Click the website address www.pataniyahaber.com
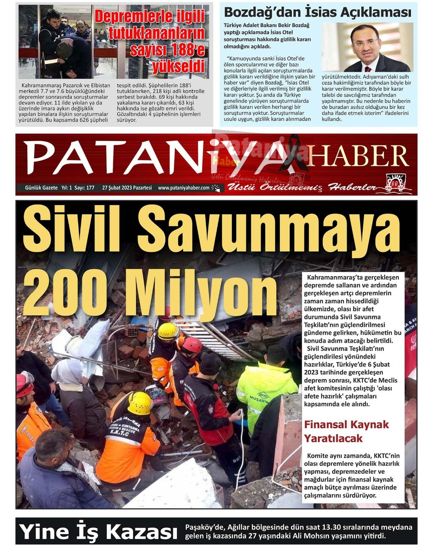click(x=184, y=188)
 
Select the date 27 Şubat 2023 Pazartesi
click(x=127, y=188)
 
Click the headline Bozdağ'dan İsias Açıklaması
click(x=318, y=12)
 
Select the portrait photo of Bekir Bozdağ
click(x=367, y=47)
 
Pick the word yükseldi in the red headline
click(x=178, y=66)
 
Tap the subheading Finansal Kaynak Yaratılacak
click(x=346, y=431)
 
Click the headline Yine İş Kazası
click(x=98, y=531)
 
